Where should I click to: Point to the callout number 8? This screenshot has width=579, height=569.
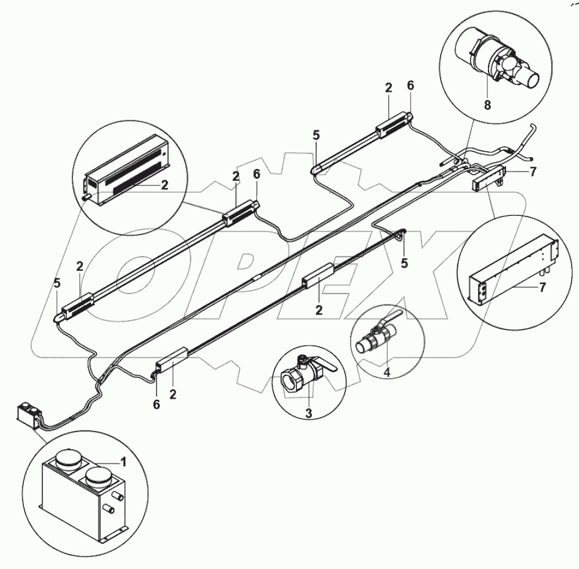tap(487, 105)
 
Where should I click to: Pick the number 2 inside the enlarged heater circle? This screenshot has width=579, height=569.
tap(165, 184)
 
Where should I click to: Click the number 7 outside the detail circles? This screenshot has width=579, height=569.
tap(532, 173)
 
